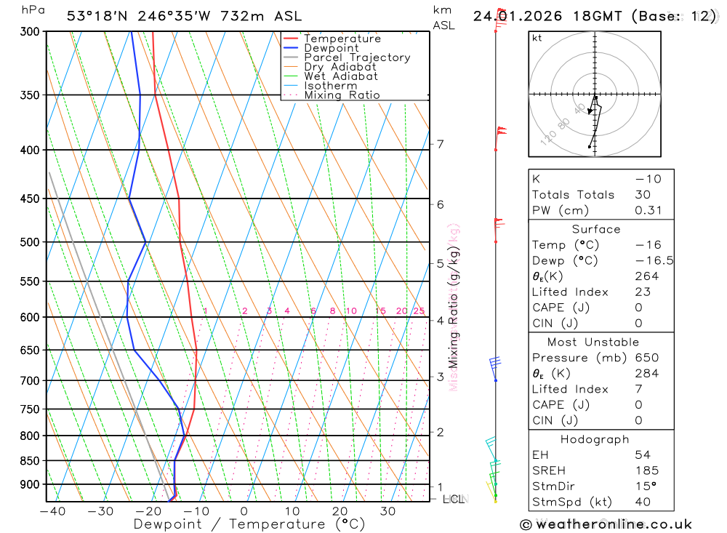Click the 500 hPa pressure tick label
click(29, 241)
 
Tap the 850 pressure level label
click(29, 460)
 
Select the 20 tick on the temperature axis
click(340, 511)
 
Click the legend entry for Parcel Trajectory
click(356, 57)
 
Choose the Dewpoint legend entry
click(331, 48)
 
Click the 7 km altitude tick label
click(440, 144)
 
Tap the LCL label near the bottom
click(453, 500)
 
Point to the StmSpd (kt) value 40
click(643, 502)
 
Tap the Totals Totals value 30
click(643, 194)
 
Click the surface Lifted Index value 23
click(643, 292)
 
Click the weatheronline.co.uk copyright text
click(606, 524)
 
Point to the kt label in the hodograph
click(537, 38)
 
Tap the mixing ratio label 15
click(380, 311)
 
